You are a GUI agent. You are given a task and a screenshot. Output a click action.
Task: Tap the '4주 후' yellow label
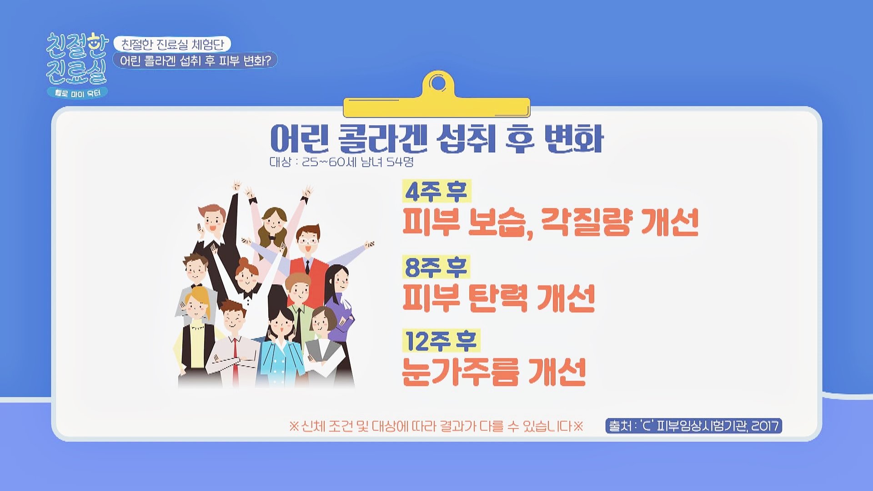click(436, 191)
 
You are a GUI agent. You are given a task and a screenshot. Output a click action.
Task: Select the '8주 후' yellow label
click(436, 267)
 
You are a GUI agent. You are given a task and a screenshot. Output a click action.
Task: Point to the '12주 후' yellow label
click(441, 341)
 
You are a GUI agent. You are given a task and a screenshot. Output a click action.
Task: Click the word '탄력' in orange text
click(498, 298)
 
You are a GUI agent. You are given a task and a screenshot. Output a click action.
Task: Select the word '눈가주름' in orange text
click(461, 372)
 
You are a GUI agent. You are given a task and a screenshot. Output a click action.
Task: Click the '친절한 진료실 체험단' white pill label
click(172, 44)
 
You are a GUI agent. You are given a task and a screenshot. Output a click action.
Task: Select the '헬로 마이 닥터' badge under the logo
click(77, 93)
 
